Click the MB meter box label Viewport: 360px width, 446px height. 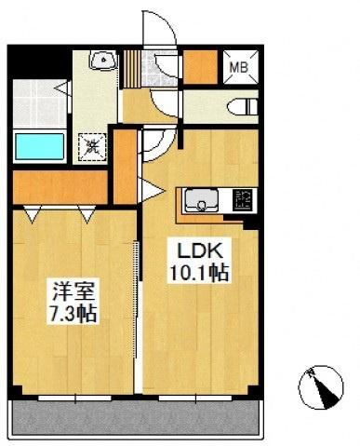(238, 67)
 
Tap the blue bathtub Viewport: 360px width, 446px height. (39, 146)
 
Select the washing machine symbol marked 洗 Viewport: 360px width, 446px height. (92, 147)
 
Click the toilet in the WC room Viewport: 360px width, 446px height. (243, 107)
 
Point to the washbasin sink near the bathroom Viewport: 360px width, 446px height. (103, 60)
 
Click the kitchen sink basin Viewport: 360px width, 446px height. (202, 199)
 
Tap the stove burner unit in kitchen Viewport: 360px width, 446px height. (243, 200)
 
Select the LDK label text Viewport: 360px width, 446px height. (199, 250)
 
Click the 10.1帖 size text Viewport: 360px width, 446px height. (199, 272)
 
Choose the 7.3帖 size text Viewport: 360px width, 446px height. (73, 314)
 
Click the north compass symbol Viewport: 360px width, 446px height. (321, 386)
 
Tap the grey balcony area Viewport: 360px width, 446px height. (136, 418)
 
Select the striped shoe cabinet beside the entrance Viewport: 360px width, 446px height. (132, 69)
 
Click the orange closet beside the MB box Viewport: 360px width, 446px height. (200, 67)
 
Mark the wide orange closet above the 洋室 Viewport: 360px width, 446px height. (60, 187)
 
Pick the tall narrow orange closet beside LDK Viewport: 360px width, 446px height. (125, 167)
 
